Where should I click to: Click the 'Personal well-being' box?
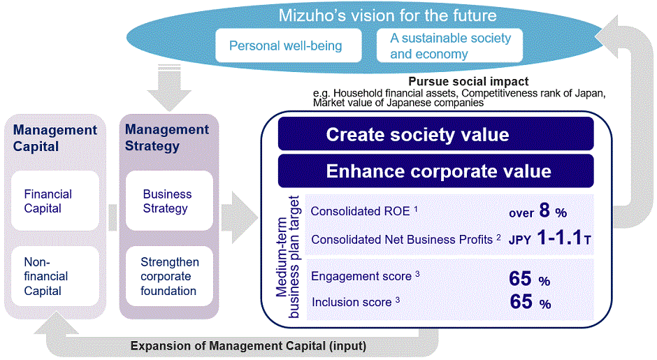click(x=285, y=46)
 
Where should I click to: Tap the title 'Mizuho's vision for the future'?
click(x=388, y=15)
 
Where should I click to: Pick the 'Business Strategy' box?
click(x=168, y=201)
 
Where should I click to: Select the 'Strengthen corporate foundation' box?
click(x=168, y=276)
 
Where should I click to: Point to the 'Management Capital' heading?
click(x=55, y=138)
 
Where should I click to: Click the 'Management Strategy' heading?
click(x=167, y=138)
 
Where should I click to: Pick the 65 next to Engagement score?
click(x=521, y=279)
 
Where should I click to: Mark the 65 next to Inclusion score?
click(x=521, y=303)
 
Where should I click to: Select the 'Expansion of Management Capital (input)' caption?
click(x=249, y=345)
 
